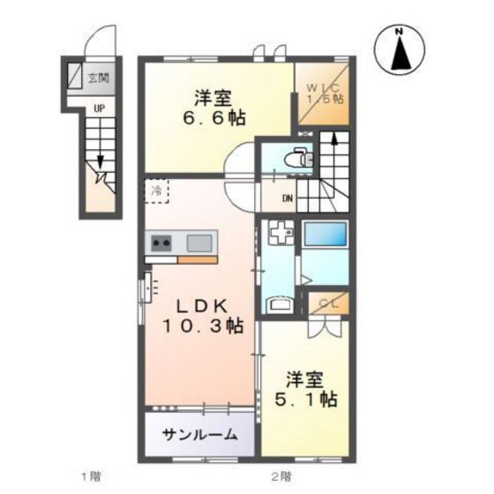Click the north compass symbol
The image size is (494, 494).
pyautogui.click(x=400, y=50)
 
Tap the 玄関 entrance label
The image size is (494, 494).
pyautogui.click(x=99, y=79)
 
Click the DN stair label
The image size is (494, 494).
pyautogui.click(x=288, y=198)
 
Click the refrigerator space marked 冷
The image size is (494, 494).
pyautogui.click(x=156, y=191)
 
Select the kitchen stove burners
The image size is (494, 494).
pyautogui.click(x=161, y=242)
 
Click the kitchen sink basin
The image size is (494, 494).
pyautogui.click(x=199, y=242)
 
